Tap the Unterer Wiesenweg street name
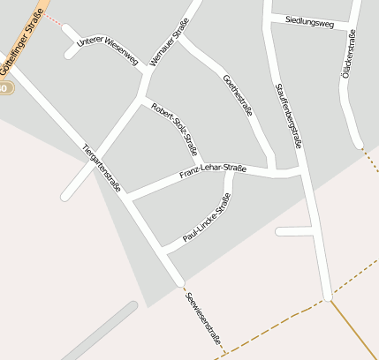pos(109,51)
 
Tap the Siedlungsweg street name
pos(310,23)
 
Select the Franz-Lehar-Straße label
pos(212,169)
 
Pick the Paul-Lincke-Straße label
pos(206,224)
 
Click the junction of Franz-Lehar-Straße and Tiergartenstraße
pos(129,199)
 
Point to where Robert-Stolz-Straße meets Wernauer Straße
pos(143,97)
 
